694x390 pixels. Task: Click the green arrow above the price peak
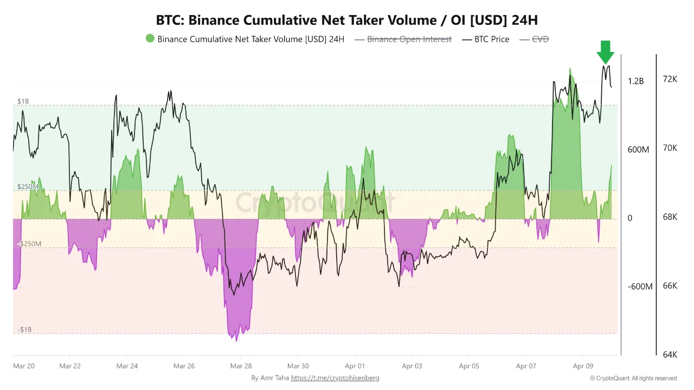coord(605,52)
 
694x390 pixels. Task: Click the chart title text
coord(347,20)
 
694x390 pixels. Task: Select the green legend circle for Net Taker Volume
coord(150,38)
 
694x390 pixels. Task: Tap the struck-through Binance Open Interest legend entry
coord(409,39)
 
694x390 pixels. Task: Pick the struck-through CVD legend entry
coord(540,39)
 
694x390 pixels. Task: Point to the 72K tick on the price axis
coord(670,79)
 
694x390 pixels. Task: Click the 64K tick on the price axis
coord(670,355)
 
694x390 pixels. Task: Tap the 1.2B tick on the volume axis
coord(636,81)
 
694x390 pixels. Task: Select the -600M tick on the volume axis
coord(640,287)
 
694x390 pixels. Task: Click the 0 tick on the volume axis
coord(630,218)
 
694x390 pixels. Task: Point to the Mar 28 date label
coord(241,366)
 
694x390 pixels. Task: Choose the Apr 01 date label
coord(355,366)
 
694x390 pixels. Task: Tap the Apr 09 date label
coord(583,366)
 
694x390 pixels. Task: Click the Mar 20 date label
coord(23,366)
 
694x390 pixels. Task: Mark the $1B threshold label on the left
coord(23,101)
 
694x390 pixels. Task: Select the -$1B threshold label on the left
coord(24,330)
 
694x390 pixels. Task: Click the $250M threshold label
coord(28,187)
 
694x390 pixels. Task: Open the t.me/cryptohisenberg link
coord(335,378)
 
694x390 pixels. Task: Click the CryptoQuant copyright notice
coord(633,378)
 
